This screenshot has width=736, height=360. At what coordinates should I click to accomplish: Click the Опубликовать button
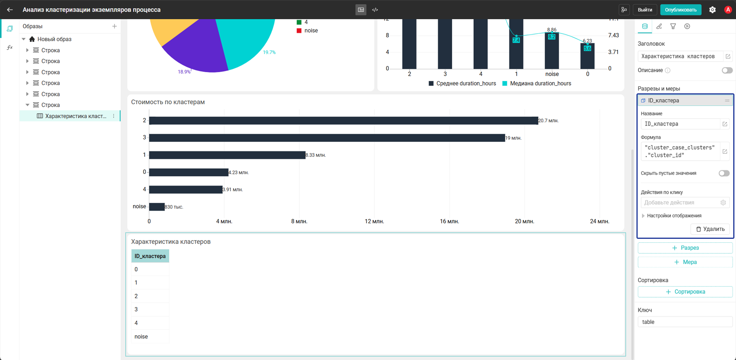pyautogui.click(x=681, y=10)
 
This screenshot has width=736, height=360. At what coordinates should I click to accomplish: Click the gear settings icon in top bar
pyautogui.click(x=712, y=10)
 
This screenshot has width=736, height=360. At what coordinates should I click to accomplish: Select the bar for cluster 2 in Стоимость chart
pyautogui.click(x=343, y=120)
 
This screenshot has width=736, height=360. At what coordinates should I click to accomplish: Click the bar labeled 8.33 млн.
pyautogui.click(x=227, y=155)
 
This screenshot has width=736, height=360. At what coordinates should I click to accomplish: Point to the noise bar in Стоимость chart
pyautogui.click(x=157, y=207)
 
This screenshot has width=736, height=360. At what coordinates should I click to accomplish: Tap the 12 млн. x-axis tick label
pyautogui.click(x=374, y=221)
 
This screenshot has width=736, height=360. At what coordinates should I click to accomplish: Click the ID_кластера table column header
pyautogui.click(x=150, y=256)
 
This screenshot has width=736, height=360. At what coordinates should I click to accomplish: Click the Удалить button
pyautogui.click(x=710, y=229)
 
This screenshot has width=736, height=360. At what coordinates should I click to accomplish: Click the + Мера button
pyautogui.click(x=685, y=262)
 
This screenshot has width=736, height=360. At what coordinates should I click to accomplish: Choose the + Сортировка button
pyautogui.click(x=685, y=292)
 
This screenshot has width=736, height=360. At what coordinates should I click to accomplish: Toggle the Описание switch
pyautogui.click(x=727, y=70)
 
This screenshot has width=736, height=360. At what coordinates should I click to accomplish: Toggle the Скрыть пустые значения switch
pyautogui.click(x=724, y=173)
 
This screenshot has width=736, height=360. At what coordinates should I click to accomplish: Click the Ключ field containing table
pyautogui.click(x=685, y=322)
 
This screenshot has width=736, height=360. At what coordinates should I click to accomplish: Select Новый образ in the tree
pyautogui.click(x=54, y=39)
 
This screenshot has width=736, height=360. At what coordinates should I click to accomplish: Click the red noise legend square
pyautogui.click(x=299, y=31)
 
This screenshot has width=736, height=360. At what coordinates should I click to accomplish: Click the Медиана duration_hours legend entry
pyautogui.click(x=537, y=84)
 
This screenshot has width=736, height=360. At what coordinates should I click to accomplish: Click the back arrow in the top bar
pyautogui.click(x=10, y=10)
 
